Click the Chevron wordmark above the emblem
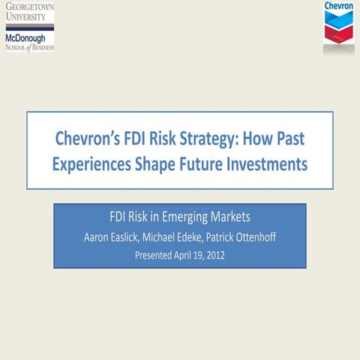pos(338,7)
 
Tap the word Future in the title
pos(209,164)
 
